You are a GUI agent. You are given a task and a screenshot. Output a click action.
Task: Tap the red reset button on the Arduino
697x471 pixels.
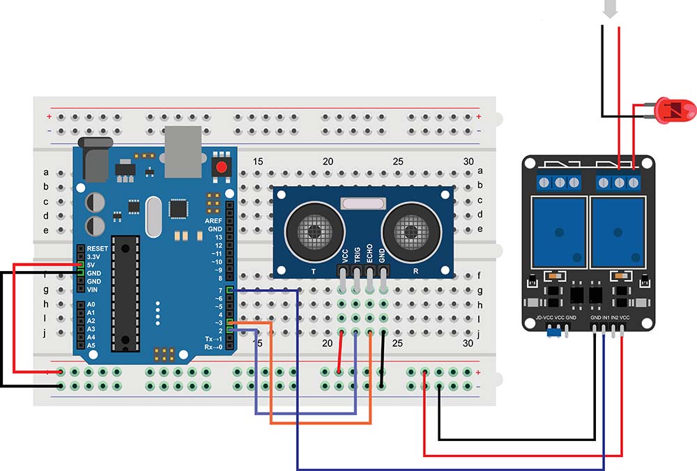[222, 167]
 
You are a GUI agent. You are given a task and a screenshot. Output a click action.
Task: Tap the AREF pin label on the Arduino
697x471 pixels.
[213, 220]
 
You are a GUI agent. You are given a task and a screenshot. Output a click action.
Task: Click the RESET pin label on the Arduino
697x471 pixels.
[98, 248]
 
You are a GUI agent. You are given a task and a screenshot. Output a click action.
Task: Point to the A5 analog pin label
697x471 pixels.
[91, 346]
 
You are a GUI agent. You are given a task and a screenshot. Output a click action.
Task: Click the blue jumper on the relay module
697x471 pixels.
[555, 334]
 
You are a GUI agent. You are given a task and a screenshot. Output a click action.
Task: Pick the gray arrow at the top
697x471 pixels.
[611, 9]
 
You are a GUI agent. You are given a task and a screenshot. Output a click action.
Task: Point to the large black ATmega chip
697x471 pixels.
[125, 293]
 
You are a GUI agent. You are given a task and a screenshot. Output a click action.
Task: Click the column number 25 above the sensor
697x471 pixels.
[398, 162]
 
